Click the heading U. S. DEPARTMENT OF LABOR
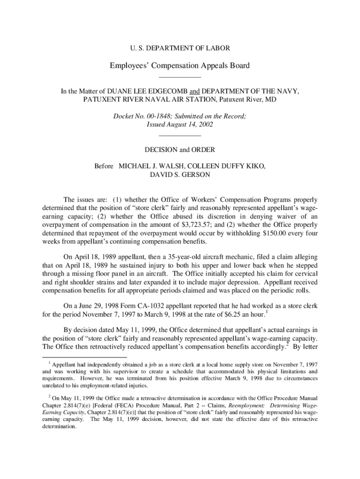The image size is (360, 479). (x=180, y=48)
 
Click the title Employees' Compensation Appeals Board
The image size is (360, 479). (x=180, y=65)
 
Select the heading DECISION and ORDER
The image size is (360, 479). (x=180, y=150)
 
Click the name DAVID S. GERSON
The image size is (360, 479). (x=180, y=174)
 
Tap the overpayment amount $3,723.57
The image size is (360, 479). (x=177, y=225)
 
